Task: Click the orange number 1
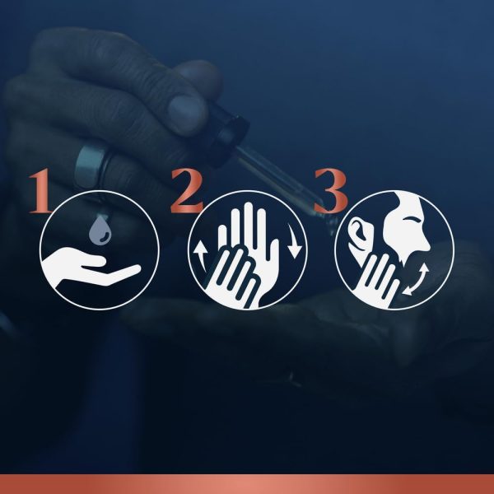41,191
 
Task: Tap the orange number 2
187,191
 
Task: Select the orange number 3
331,190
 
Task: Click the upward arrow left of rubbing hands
200,256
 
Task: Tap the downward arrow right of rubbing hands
295,241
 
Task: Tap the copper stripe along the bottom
247,484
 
